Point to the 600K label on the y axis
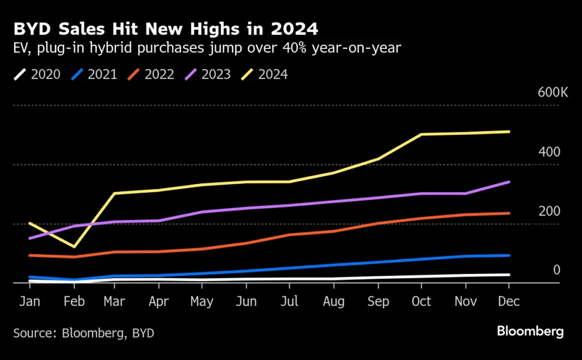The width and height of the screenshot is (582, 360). tap(552, 93)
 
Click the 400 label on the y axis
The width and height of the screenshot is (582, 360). tap(550, 152)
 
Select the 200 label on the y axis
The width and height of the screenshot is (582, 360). tap(550, 211)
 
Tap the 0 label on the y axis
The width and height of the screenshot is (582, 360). tap(557, 270)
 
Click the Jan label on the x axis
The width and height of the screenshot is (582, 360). tap(30, 301)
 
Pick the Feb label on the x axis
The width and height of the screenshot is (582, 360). tap(73, 301)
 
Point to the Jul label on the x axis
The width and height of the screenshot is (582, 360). tap(289, 301)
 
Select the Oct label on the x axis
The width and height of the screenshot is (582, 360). tap(422, 301)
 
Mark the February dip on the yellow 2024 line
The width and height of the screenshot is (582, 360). tap(73, 246)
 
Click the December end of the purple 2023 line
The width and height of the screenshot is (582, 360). tap(509, 182)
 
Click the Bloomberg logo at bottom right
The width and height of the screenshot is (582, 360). tap(530, 332)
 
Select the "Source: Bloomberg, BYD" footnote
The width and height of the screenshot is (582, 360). tap(84, 332)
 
